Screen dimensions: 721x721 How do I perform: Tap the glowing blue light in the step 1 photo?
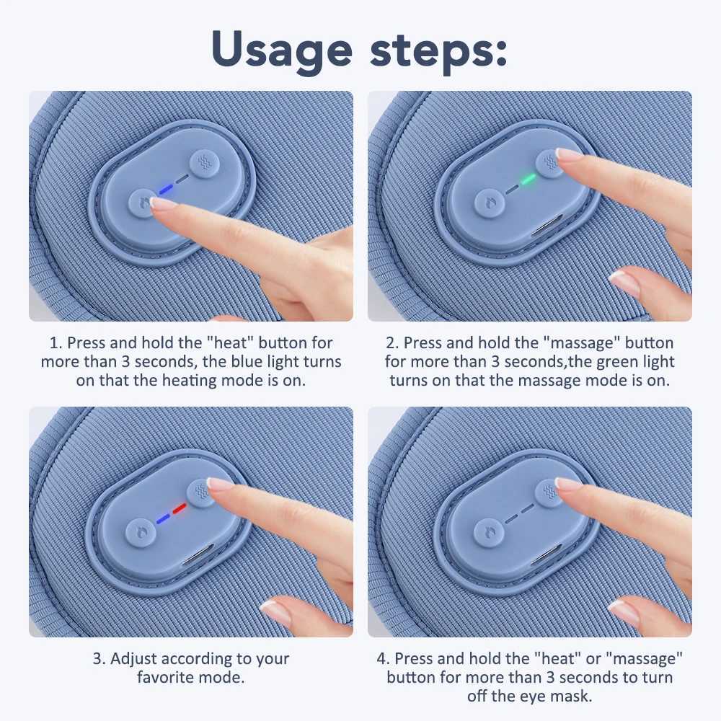pyautogui.click(x=166, y=189)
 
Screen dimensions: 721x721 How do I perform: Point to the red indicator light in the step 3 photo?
pyautogui.click(x=179, y=509)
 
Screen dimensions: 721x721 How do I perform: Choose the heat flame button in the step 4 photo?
pyautogui.click(x=487, y=533)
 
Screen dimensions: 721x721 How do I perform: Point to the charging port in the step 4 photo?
pyautogui.click(x=542, y=559)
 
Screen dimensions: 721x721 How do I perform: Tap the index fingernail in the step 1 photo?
pyautogui.click(x=164, y=204)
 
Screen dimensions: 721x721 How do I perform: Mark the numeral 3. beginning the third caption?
pyautogui.click(x=99, y=659)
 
